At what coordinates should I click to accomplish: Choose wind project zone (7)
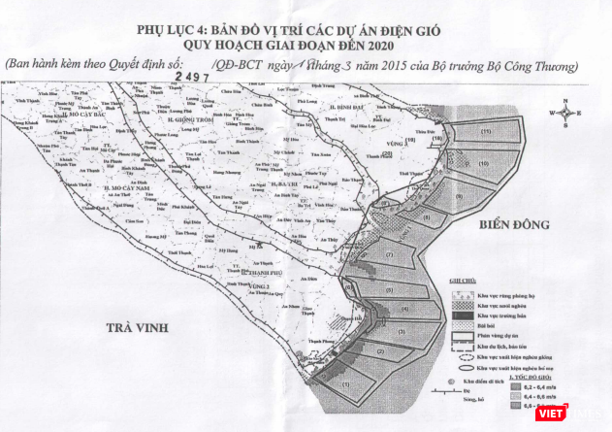coord(388,255)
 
